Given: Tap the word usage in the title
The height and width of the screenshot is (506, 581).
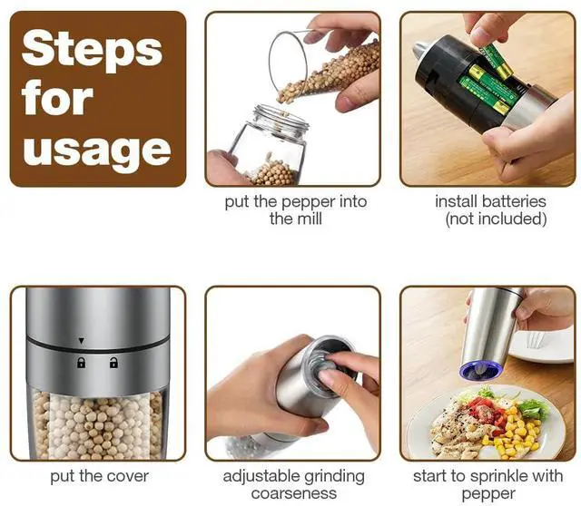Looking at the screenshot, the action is pyautogui.click(x=97, y=151).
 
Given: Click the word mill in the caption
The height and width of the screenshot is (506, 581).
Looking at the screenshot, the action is pyautogui.click(x=310, y=219).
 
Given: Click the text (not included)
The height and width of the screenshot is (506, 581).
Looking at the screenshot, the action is pyautogui.click(x=496, y=219).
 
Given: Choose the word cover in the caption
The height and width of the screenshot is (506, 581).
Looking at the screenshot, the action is pyautogui.click(x=129, y=476).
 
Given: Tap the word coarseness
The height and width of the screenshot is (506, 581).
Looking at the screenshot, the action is pyautogui.click(x=294, y=494).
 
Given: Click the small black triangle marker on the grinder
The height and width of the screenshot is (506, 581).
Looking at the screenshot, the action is pyautogui.click(x=82, y=341).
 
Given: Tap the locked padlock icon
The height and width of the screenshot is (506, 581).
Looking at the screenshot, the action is pyautogui.click(x=81, y=363).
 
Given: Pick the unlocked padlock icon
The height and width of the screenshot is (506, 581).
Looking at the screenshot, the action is pyautogui.click(x=113, y=363).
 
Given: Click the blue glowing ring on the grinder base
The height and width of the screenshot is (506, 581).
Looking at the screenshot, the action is pyautogui.click(x=480, y=371).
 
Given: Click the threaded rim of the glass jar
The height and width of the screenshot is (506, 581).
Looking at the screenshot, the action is pyautogui.click(x=281, y=117).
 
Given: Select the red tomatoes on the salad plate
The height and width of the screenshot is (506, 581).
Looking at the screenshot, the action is pyautogui.click(x=486, y=413).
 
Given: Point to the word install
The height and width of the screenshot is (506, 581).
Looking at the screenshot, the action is pyautogui.click(x=456, y=201).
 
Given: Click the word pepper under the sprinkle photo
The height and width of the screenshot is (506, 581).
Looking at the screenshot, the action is pyautogui.click(x=488, y=494).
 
